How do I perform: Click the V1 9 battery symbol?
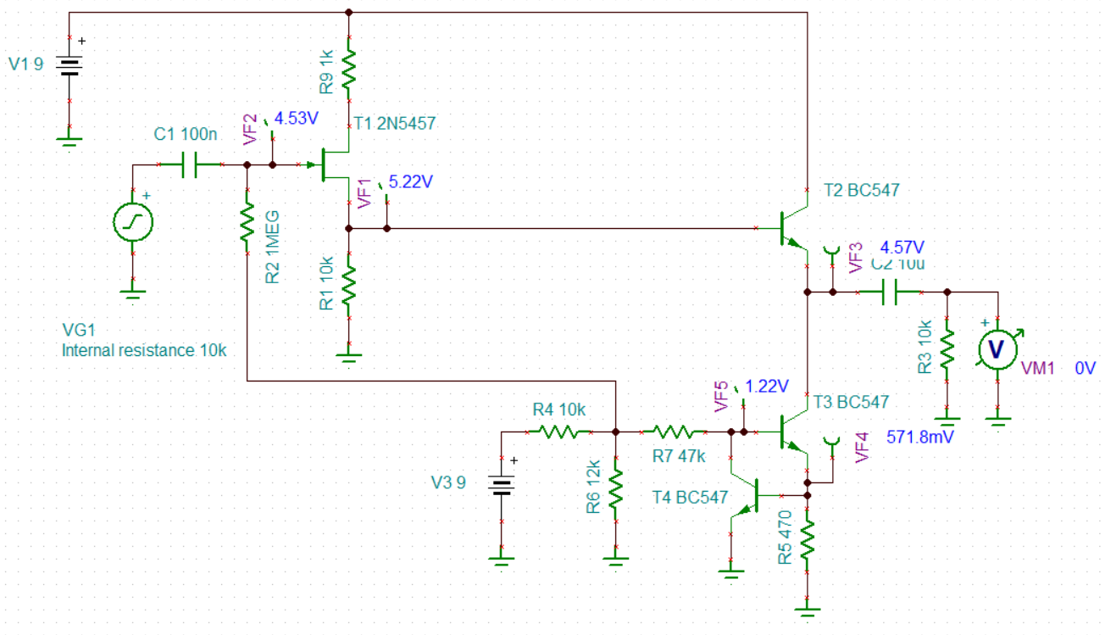69,66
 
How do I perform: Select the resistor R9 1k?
348,71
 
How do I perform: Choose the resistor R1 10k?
348,287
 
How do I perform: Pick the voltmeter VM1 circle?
997,349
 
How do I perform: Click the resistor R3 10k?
947,347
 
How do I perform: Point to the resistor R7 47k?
675,432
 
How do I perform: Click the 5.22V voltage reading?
411,182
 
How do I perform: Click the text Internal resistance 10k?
144,350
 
